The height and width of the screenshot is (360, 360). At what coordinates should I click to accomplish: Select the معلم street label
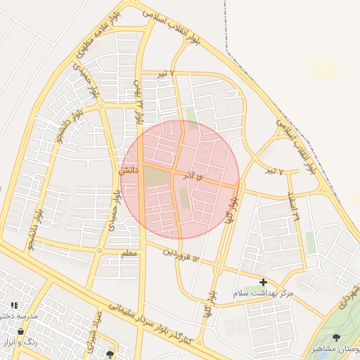coord(131,253)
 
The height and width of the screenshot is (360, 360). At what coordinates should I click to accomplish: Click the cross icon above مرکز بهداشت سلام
coord(264,282)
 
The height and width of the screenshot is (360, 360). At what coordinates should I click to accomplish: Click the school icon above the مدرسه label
coord(14,305)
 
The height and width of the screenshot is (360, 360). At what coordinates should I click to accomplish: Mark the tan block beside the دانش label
coord(156,177)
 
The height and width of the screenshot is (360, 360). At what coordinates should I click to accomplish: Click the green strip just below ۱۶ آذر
coord(184,199)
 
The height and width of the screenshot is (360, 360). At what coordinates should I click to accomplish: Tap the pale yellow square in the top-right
coord(324,69)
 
